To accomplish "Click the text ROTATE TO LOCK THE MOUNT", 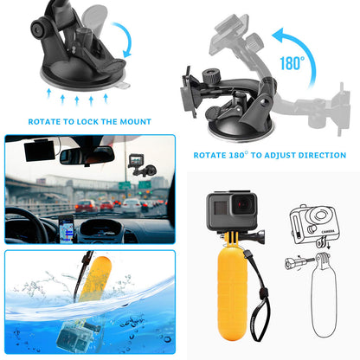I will (89, 122).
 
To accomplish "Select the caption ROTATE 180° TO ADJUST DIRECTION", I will (270, 155).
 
